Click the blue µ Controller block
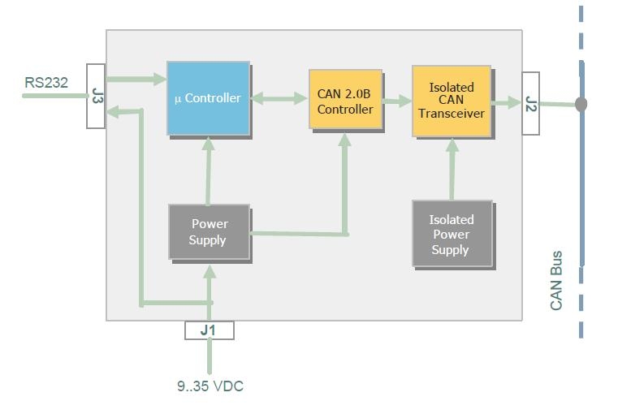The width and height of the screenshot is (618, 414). pos(208,97)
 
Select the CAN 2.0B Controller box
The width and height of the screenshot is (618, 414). pos(345,101)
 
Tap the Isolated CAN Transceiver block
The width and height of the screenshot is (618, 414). pos(451,101)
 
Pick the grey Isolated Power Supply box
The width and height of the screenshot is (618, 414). pos(451,234)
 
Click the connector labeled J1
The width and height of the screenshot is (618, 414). pos(210,330)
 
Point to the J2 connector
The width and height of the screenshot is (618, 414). pos(530,103)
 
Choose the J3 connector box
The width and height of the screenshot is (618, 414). pos(97,97)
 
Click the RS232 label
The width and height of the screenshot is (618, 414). pos(46,81)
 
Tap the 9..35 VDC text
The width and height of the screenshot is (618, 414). pos(210,386)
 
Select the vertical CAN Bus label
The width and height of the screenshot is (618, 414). pos(556,280)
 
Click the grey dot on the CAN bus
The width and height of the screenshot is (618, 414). pos(581,104)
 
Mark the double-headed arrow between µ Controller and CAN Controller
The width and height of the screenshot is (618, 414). pos(279,99)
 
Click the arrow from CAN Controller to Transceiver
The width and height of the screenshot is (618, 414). pos(397,101)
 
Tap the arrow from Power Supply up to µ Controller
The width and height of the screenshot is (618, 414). pos(209,170)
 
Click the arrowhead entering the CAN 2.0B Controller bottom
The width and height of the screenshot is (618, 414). pos(345,140)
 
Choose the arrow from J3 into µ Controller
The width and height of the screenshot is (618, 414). pos(136,80)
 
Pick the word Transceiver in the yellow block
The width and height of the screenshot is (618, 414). pos(451,114)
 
